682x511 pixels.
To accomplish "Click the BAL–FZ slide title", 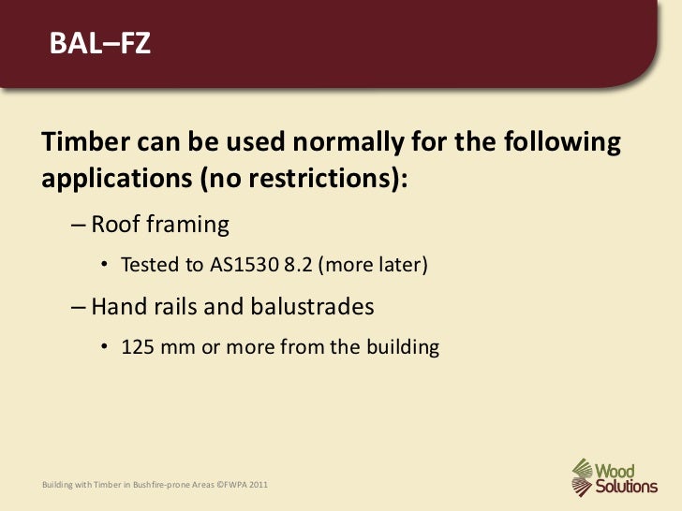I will coord(99,44).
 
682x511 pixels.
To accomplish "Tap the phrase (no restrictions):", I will coord(304,178).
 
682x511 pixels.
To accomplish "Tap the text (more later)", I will coord(374,265).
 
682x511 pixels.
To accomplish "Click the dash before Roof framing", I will coord(77,226).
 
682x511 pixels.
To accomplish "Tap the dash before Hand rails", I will coord(77,307).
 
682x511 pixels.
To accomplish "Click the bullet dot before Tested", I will coord(107,266).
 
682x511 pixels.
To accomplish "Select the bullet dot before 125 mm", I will coord(107,347).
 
